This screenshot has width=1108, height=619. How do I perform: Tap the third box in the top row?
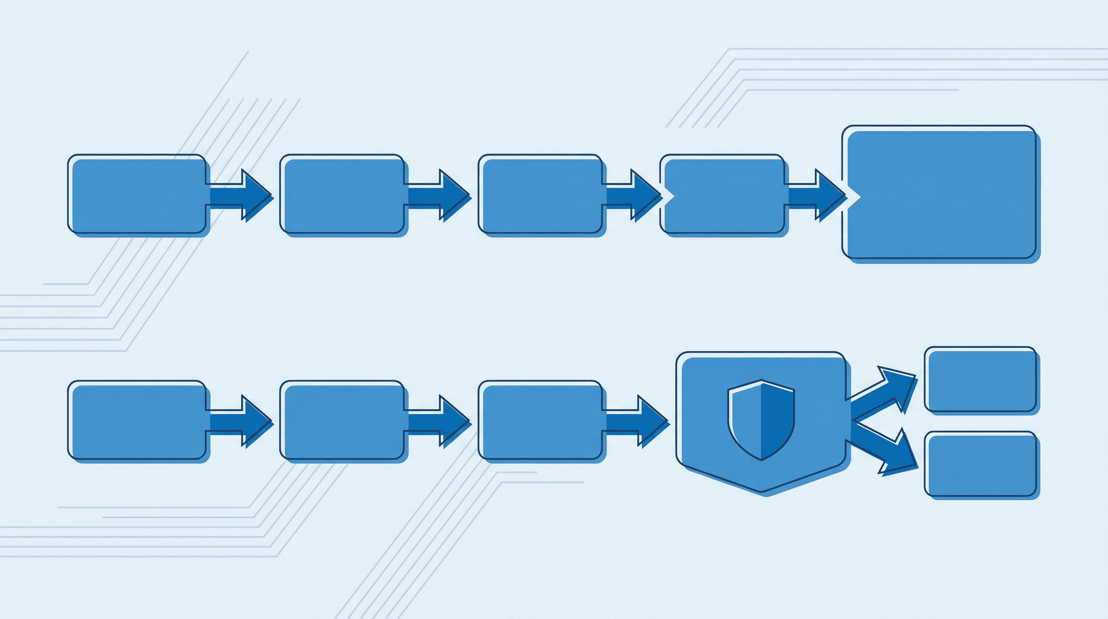[541, 195]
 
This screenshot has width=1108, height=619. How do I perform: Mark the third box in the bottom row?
[541, 421]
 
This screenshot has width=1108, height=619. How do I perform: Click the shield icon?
[761, 420]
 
